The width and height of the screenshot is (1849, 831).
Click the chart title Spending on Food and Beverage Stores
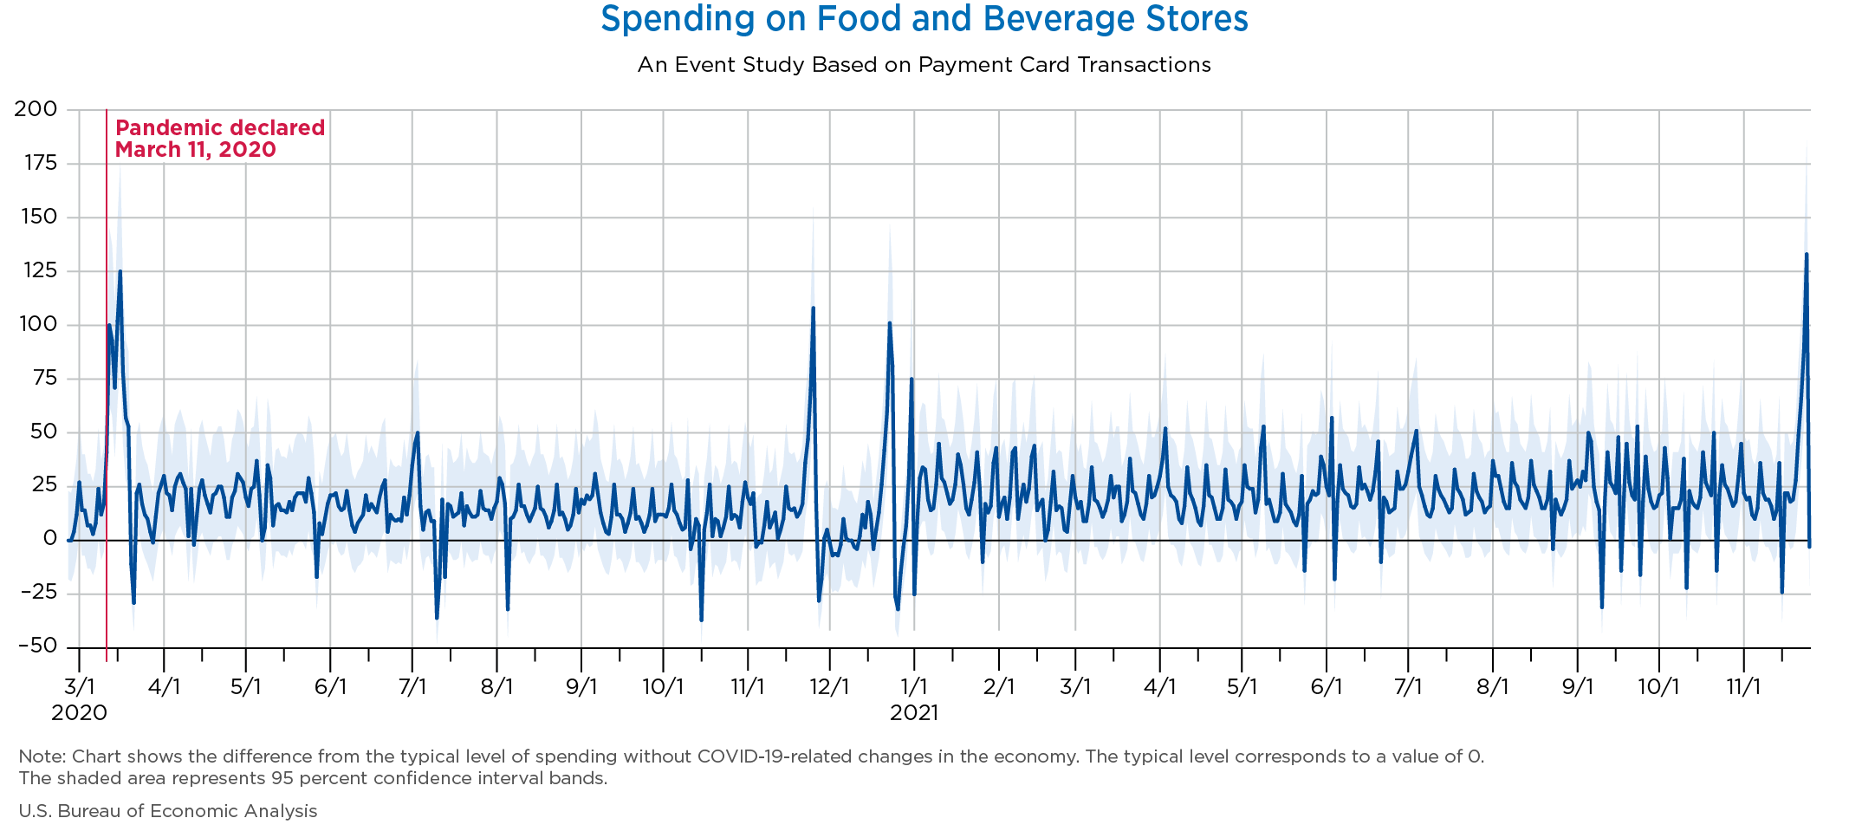(x=924, y=19)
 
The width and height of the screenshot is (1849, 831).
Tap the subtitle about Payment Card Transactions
(x=924, y=65)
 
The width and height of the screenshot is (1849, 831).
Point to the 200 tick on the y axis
(x=36, y=109)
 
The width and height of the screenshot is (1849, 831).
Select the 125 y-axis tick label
(x=36, y=271)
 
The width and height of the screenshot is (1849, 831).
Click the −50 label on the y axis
(x=36, y=646)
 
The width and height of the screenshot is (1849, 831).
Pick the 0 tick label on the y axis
(x=50, y=538)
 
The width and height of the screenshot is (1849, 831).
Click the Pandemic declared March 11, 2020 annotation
(x=219, y=139)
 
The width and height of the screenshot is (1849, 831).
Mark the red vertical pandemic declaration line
(x=107, y=390)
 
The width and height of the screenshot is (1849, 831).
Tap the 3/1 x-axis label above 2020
(x=79, y=687)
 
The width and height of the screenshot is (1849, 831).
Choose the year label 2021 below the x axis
(x=914, y=713)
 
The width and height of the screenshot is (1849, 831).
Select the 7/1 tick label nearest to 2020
(x=412, y=687)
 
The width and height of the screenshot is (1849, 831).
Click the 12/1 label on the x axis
(x=829, y=687)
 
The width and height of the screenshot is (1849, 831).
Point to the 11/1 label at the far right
(x=1743, y=687)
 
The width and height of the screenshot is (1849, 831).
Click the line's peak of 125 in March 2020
(x=120, y=271)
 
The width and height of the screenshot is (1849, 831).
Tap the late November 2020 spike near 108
(x=813, y=308)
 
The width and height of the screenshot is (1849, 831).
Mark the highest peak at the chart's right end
(x=1806, y=254)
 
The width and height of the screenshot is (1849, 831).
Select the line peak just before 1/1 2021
(x=890, y=323)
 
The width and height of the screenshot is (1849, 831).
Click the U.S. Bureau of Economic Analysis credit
(x=168, y=811)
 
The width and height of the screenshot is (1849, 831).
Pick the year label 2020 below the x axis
(x=79, y=713)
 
